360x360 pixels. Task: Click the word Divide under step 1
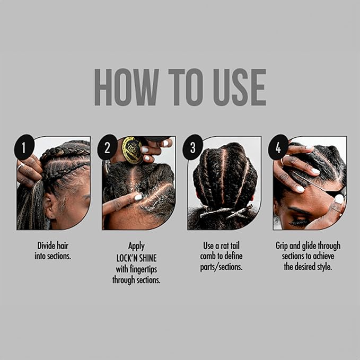47,246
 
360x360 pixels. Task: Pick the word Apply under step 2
136,246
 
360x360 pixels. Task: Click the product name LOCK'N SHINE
136,258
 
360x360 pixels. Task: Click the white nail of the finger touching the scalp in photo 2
138,197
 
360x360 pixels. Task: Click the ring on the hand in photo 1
22,166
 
